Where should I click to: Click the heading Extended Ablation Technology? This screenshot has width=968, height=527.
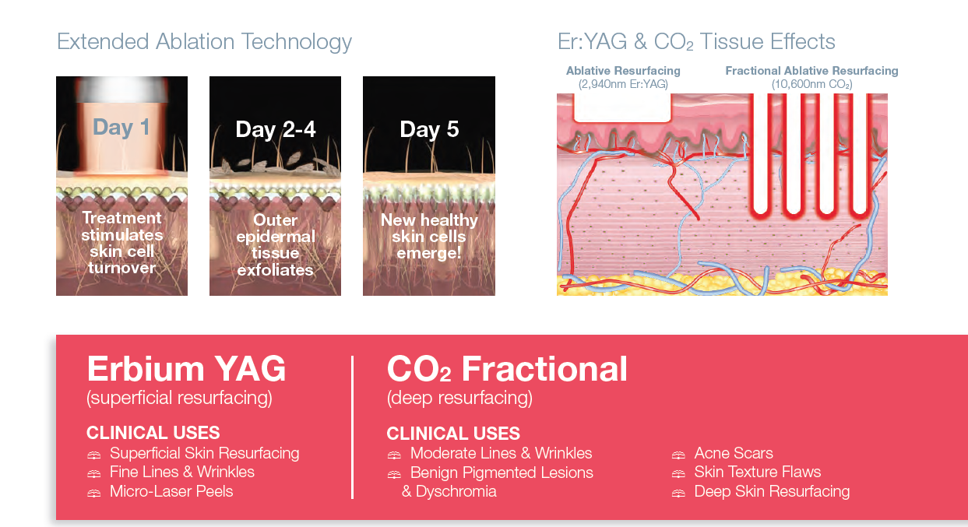click(x=204, y=42)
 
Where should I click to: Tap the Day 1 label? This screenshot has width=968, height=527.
click(x=121, y=128)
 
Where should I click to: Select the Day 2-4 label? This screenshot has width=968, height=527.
click(x=276, y=129)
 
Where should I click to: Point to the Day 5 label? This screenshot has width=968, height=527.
click(x=429, y=129)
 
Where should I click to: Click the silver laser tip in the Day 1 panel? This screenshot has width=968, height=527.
click(x=121, y=90)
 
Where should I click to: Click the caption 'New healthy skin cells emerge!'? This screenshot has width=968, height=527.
click(x=429, y=237)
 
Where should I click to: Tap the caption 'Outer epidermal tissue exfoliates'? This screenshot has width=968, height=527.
click(x=276, y=244)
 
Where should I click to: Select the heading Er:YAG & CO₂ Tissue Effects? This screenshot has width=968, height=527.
click(x=696, y=42)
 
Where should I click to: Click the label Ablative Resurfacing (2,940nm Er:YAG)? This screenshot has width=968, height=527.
click(x=623, y=77)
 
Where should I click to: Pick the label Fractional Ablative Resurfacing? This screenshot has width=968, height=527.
click(x=811, y=71)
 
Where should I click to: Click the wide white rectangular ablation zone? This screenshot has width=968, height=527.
click(x=622, y=107)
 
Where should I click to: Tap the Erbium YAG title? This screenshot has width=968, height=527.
click(x=186, y=369)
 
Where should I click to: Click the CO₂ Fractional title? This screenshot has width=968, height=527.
click(x=507, y=369)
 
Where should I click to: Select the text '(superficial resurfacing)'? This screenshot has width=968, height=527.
click(x=179, y=398)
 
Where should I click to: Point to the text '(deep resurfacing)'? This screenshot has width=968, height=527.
click(x=459, y=398)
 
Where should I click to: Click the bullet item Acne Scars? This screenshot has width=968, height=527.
click(x=734, y=453)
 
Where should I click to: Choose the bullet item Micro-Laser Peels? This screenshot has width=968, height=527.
click(x=171, y=491)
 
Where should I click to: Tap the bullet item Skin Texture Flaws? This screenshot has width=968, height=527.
click(x=758, y=473)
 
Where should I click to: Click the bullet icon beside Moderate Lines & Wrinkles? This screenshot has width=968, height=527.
click(x=394, y=455)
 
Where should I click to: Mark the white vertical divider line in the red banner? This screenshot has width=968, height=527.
click(x=353, y=427)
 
